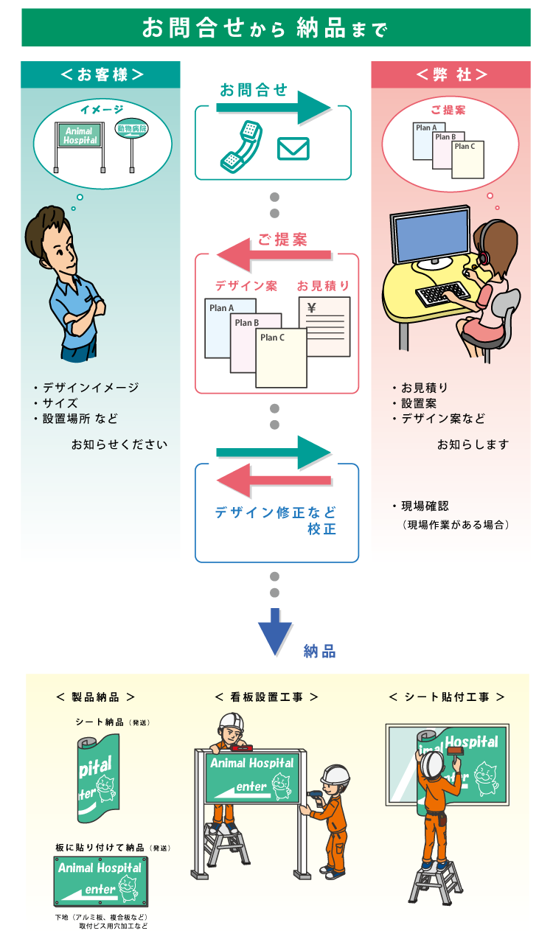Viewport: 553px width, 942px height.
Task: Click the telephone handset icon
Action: [242, 145]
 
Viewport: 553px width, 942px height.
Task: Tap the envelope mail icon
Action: [293, 149]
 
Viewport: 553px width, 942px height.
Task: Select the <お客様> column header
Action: [101, 74]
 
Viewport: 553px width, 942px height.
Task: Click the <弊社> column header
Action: [451, 74]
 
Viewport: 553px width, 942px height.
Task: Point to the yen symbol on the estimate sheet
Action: [311, 308]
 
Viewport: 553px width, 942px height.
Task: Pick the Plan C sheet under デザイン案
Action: [281, 357]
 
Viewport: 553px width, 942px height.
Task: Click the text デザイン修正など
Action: [275, 512]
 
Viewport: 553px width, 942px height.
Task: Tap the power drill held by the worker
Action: [312, 797]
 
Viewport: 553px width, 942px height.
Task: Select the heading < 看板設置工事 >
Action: [266, 697]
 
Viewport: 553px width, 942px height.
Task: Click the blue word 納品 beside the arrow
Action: [319, 651]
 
